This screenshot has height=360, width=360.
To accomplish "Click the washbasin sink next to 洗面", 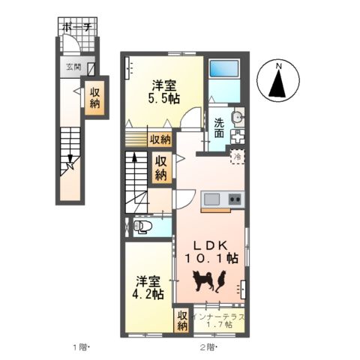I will [238, 117].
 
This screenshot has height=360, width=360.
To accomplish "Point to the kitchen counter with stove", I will [223, 200].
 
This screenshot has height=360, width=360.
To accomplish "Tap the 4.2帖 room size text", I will [148, 294].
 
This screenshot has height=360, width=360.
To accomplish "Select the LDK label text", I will [212, 244].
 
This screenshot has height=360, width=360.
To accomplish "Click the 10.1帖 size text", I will [211, 259].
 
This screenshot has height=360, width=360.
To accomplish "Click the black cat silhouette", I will [222, 280].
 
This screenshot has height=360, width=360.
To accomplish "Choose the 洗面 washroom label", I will [219, 127].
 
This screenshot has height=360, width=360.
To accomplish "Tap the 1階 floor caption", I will [81, 346].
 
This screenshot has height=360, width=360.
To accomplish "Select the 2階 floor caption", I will [208, 346].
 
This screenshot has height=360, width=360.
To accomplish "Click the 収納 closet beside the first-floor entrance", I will [95, 98].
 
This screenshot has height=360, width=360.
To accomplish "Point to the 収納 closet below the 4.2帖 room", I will [182, 321].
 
